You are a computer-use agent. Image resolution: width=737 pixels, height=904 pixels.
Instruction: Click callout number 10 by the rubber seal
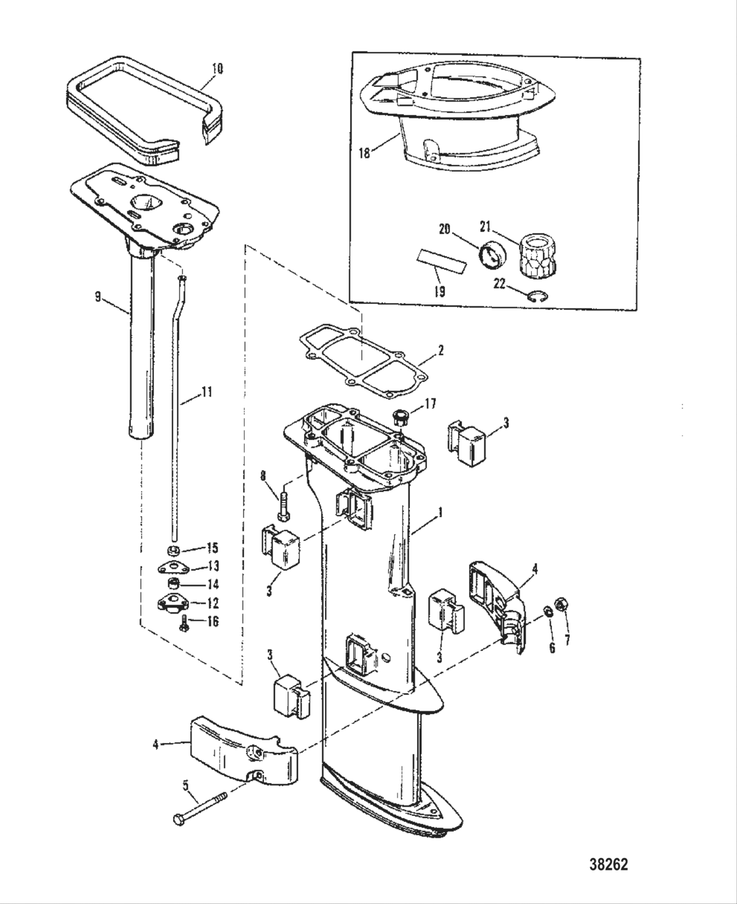point(217,68)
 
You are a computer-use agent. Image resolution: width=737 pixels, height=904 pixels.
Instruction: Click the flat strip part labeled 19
point(440,263)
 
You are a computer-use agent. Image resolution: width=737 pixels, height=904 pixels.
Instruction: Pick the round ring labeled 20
point(490,255)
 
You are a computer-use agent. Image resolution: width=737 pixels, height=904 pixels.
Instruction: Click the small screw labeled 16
point(185,627)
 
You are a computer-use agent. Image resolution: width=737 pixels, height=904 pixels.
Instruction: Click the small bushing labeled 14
point(175,584)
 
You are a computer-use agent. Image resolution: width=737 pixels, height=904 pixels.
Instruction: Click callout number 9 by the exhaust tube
point(98,297)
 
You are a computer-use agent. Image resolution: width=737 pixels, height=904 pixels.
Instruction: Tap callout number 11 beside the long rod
point(206,394)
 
